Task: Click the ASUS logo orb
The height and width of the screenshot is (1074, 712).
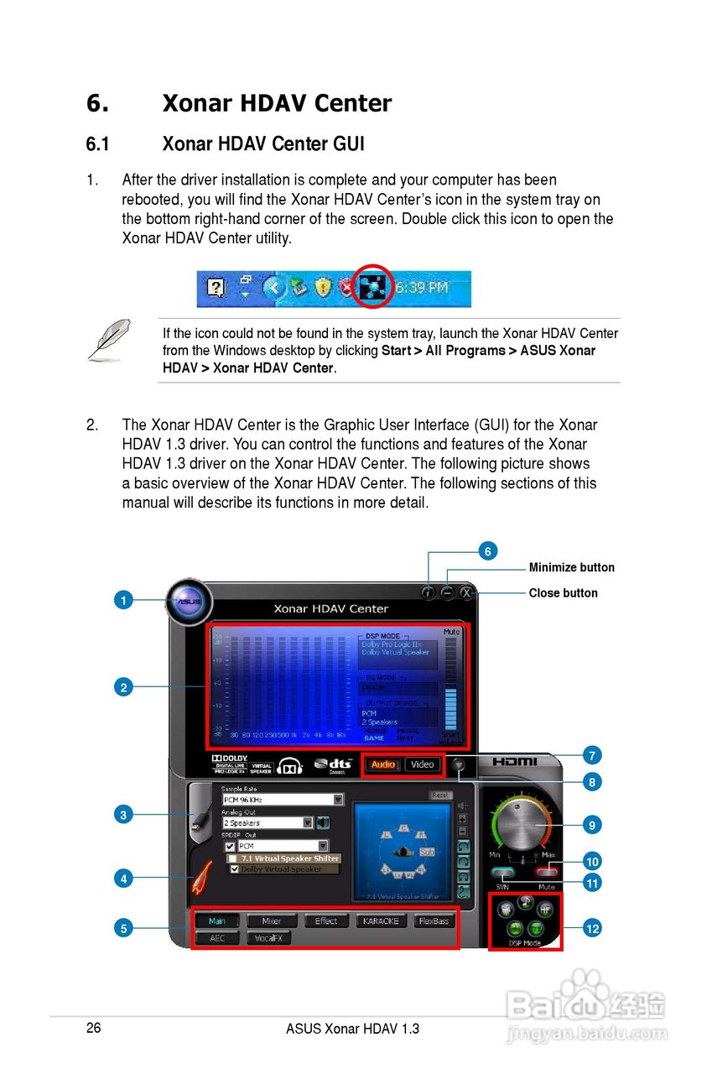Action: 189,601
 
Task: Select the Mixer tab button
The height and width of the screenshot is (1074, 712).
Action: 271,921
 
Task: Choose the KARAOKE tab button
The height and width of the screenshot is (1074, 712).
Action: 380,921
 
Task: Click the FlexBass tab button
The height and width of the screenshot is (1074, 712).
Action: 434,921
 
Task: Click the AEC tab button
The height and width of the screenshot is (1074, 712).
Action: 217,938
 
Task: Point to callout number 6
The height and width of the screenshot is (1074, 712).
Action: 487,550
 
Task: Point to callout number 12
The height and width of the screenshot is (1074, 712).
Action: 592,928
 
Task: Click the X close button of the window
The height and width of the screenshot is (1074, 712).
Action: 466,592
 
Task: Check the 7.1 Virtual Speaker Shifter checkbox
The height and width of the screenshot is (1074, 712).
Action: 232,858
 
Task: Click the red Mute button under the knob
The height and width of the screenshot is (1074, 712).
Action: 547,873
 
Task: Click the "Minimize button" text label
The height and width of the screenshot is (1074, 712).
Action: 571,567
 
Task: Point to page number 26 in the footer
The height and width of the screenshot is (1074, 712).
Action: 93,1028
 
